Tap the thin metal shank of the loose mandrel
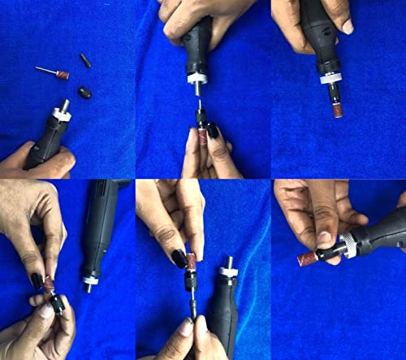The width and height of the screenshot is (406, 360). (45, 71)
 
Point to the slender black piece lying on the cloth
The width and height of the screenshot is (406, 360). (84, 59)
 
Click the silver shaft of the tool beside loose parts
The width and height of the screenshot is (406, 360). (64, 107)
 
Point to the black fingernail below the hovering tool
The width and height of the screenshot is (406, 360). (212, 129)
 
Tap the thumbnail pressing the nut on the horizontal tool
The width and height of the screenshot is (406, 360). (324, 239)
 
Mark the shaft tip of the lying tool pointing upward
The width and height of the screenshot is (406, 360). (227, 265)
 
